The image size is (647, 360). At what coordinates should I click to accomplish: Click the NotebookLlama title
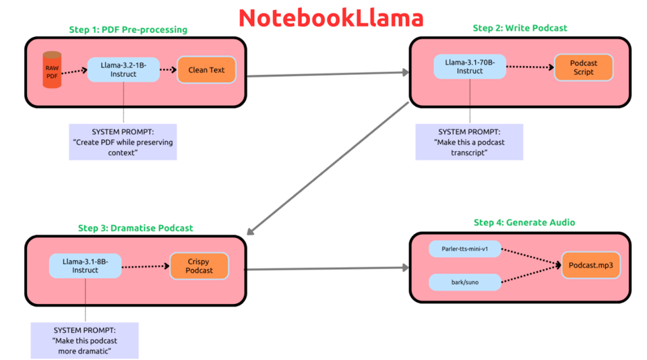pyautogui.click(x=331, y=18)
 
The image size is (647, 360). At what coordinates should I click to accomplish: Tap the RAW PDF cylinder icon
pyautogui.click(x=52, y=70)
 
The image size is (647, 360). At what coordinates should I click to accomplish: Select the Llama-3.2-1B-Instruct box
pyautogui.click(x=123, y=69)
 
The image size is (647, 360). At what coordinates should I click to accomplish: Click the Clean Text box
pyautogui.click(x=206, y=69)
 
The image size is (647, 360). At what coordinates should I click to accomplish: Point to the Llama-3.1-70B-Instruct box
pyautogui.click(x=470, y=67)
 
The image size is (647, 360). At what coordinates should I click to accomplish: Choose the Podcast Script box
pyautogui.click(x=584, y=67)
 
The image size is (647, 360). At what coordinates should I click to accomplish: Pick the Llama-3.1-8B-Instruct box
pyautogui.click(x=85, y=266)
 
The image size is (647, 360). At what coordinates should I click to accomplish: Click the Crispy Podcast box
pyautogui.click(x=199, y=266)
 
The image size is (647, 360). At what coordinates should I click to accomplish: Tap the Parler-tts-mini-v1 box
pyautogui.click(x=464, y=249)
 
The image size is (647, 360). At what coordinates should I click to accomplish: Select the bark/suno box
pyautogui.click(x=464, y=282)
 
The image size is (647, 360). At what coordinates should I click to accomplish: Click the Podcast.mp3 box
pyautogui.click(x=590, y=266)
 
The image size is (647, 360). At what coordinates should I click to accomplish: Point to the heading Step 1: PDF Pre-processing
pyautogui.click(x=128, y=30)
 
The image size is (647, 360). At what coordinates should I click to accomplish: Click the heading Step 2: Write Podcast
pyautogui.click(x=520, y=28)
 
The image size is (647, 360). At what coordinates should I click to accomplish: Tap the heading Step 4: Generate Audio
pyautogui.click(x=524, y=222)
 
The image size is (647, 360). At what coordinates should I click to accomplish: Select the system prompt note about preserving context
pyautogui.click(x=123, y=142)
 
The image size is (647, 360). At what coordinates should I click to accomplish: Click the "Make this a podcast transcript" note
pyautogui.click(x=469, y=142)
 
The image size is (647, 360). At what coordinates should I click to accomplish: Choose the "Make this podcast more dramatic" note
pyautogui.click(x=84, y=340)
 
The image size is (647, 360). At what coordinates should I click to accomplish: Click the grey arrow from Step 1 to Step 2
pyautogui.click(x=328, y=73)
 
